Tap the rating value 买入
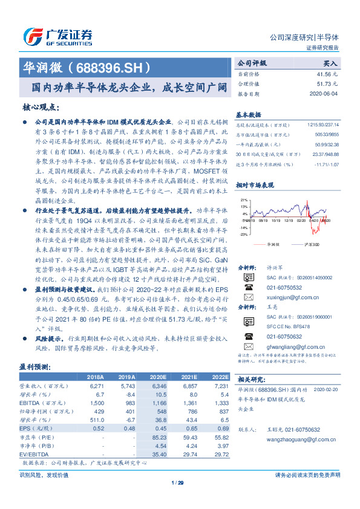point(330,62)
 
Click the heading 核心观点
point(42,107)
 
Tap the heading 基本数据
point(248,114)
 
